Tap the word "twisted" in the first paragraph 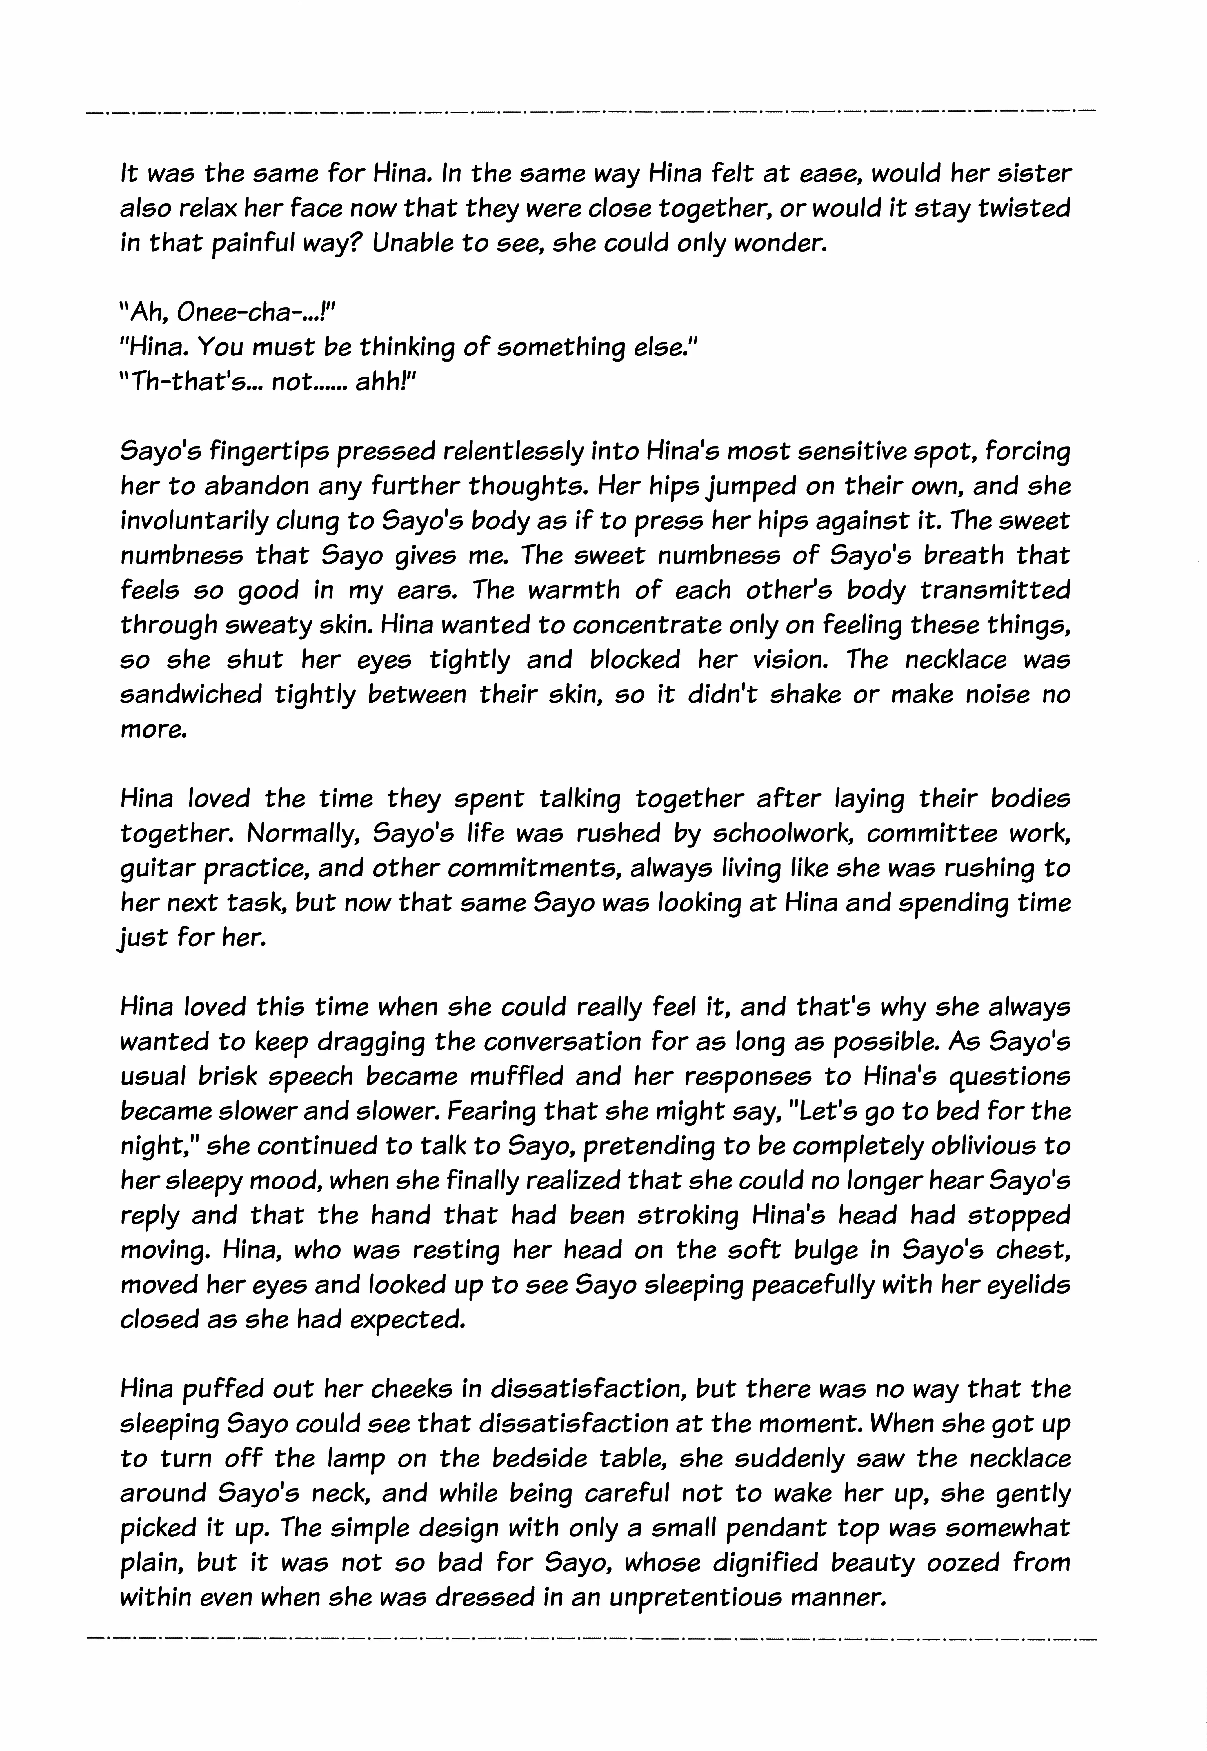(x=1023, y=209)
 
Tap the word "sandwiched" (x=190, y=694)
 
